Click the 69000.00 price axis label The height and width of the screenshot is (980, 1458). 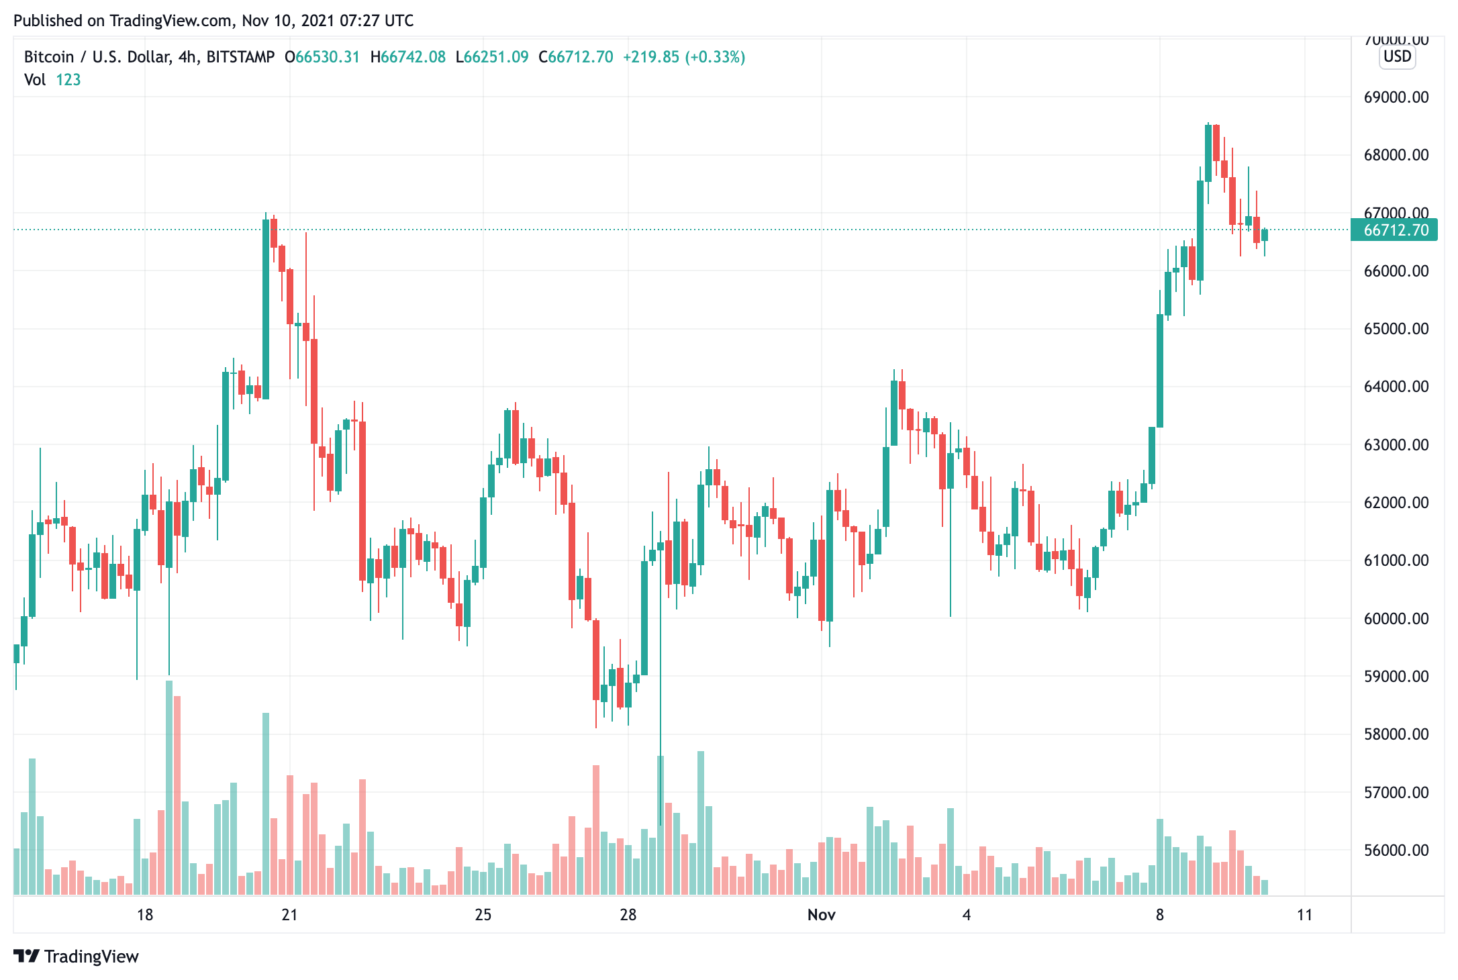coord(1396,97)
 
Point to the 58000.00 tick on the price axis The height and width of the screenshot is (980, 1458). coord(1396,734)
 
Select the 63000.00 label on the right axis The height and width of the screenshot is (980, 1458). coord(1396,445)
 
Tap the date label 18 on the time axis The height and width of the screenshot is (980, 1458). coord(145,915)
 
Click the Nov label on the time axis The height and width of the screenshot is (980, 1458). coord(821,915)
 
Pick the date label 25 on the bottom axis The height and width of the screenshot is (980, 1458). coord(483,915)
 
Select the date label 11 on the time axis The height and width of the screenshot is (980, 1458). coord(1304,915)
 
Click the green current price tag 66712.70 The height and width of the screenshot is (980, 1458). coord(1396,230)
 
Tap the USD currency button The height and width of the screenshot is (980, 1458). coord(1398,56)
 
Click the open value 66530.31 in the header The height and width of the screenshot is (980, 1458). coord(328,57)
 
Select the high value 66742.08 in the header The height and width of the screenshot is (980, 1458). coord(413,57)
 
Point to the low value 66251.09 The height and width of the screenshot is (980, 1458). coord(496,57)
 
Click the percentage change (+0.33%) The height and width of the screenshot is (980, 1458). coord(715,57)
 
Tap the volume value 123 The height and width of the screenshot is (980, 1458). coord(68,80)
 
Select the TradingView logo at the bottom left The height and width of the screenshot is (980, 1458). coord(76,956)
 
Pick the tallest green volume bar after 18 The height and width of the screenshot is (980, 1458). coord(169,785)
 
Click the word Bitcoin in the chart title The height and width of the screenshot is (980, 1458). coord(49,57)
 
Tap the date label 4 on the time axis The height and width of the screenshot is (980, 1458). coord(966,915)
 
